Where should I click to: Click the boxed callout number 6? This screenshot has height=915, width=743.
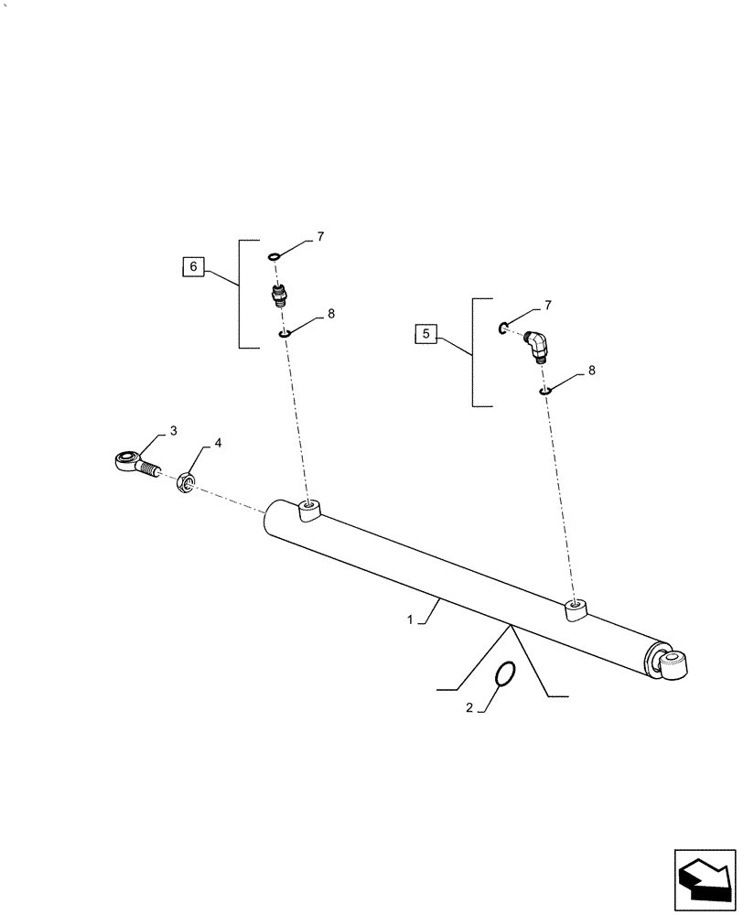[191, 267]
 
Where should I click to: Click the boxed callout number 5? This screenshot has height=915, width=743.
[425, 334]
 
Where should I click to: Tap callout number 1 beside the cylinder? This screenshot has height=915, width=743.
[411, 619]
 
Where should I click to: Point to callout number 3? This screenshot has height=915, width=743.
[173, 430]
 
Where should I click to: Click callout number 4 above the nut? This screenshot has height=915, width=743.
[218, 443]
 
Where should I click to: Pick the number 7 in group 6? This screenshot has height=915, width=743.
[320, 237]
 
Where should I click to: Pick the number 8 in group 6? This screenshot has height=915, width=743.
[330, 313]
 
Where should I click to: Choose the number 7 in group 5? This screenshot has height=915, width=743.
[547, 304]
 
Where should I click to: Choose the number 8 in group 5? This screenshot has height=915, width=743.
[591, 371]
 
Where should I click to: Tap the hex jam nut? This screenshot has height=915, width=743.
[184, 480]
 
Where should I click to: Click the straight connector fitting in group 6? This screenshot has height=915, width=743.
[278, 296]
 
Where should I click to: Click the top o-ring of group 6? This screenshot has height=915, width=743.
[275, 257]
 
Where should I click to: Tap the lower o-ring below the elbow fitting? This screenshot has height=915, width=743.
[544, 392]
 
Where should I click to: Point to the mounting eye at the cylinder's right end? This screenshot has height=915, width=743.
[674, 662]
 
